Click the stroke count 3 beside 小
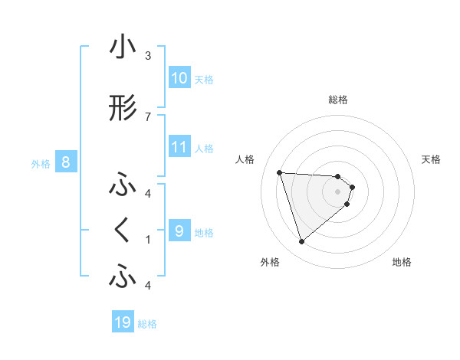coord(148,55)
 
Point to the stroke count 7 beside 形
coord(148,116)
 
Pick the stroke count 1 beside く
coord(148,240)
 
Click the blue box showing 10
coord(179,78)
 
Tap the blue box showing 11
coord(179,147)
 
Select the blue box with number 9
coord(179,231)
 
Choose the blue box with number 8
coord(66,162)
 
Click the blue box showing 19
coord(123,322)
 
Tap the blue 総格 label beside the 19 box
coord(147,324)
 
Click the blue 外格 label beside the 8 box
coord(41,163)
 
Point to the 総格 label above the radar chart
coord(338,100)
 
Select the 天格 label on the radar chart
coord(432,159)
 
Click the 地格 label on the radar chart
coord(402,263)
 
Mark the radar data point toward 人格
coord(279,172)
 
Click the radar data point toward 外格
coord(302,242)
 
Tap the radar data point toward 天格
coord(352,187)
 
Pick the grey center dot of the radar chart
coord(338,191)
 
